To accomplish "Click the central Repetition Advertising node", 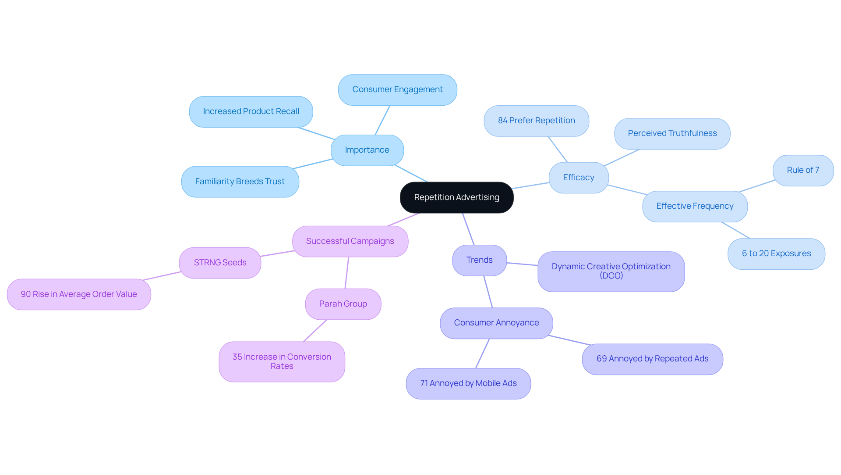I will click(456, 197).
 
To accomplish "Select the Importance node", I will click(367, 150).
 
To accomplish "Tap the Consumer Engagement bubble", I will click(397, 89).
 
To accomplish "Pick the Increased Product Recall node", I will click(251, 111).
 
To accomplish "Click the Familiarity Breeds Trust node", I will click(240, 182).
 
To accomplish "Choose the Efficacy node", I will click(579, 178).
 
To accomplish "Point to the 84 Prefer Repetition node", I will click(536, 121).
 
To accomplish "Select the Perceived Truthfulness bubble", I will click(672, 133).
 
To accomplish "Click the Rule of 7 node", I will click(803, 170).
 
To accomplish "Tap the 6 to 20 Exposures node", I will click(776, 254).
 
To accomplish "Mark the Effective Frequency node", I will click(695, 206).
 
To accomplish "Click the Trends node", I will click(479, 260).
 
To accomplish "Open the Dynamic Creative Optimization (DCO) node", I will click(611, 271).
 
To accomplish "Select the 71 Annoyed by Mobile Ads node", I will click(468, 383).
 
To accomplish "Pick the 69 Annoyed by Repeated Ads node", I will click(652, 359).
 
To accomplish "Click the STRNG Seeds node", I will click(220, 263).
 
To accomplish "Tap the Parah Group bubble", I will click(343, 304).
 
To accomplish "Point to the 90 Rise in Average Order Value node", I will click(79, 294).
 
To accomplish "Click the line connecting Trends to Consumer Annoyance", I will click(488, 292).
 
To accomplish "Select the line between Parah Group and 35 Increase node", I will click(315, 331).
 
